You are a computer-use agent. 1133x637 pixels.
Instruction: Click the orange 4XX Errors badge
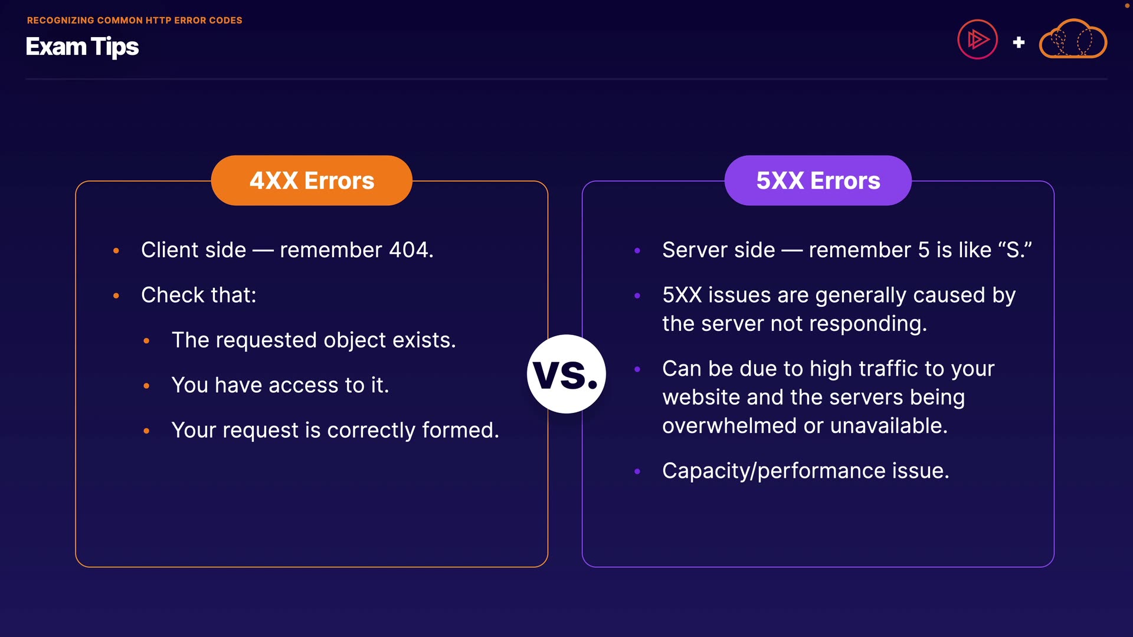click(x=312, y=180)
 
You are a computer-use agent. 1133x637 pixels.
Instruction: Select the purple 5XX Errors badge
click(x=818, y=180)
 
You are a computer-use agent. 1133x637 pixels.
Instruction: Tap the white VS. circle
click(x=566, y=374)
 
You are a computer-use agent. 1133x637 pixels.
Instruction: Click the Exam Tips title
click(x=82, y=47)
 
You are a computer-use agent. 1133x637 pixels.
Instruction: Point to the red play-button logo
click(x=977, y=40)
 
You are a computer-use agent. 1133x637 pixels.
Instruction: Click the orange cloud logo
click(x=1073, y=40)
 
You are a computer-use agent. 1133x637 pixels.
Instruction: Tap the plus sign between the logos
click(x=1019, y=42)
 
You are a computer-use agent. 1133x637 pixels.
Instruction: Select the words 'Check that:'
click(x=199, y=295)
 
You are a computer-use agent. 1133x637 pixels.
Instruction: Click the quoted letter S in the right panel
click(x=1014, y=250)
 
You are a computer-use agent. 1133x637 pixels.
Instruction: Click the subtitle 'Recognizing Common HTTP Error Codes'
click(x=135, y=20)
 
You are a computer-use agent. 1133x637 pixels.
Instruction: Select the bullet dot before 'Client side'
click(x=116, y=251)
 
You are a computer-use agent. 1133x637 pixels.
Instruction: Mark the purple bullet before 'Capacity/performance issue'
click(x=637, y=472)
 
